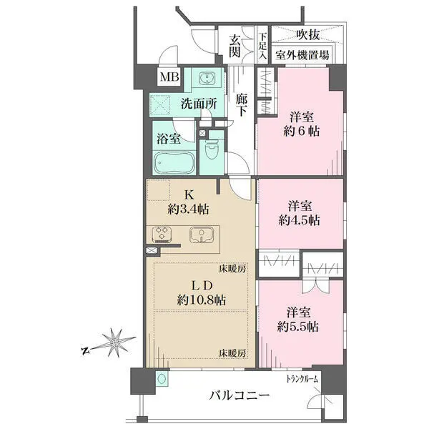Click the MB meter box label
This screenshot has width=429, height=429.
click(169, 77)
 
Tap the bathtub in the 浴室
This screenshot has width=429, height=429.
click(174, 163)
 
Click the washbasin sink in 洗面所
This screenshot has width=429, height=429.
click(207, 77)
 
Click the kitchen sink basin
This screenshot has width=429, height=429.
click(202, 235)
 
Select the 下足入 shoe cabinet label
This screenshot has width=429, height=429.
click(263, 46)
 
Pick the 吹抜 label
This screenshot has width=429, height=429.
click(308, 35)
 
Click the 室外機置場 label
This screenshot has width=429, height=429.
click(302, 55)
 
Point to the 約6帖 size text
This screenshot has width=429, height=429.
click(302, 132)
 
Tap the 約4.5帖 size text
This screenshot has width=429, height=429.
click(300, 220)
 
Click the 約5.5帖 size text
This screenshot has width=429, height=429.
click(298, 327)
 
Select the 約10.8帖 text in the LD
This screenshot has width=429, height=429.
click(202, 300)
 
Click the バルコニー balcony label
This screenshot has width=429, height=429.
click(240, 395)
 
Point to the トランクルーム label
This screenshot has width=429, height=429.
click(302, 379)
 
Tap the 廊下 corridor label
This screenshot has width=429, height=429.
click(242, 105)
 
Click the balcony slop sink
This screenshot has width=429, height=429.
click(162, 379)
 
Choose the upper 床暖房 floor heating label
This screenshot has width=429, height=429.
click(232, 269)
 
